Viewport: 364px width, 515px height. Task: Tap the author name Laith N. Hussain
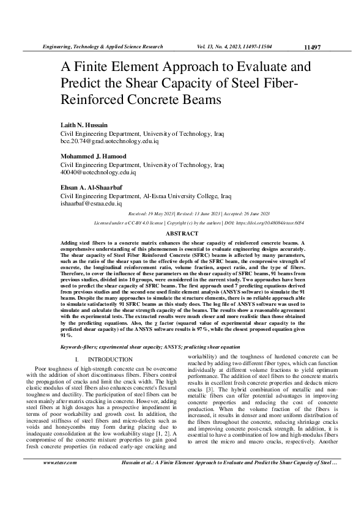coord(83,125)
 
